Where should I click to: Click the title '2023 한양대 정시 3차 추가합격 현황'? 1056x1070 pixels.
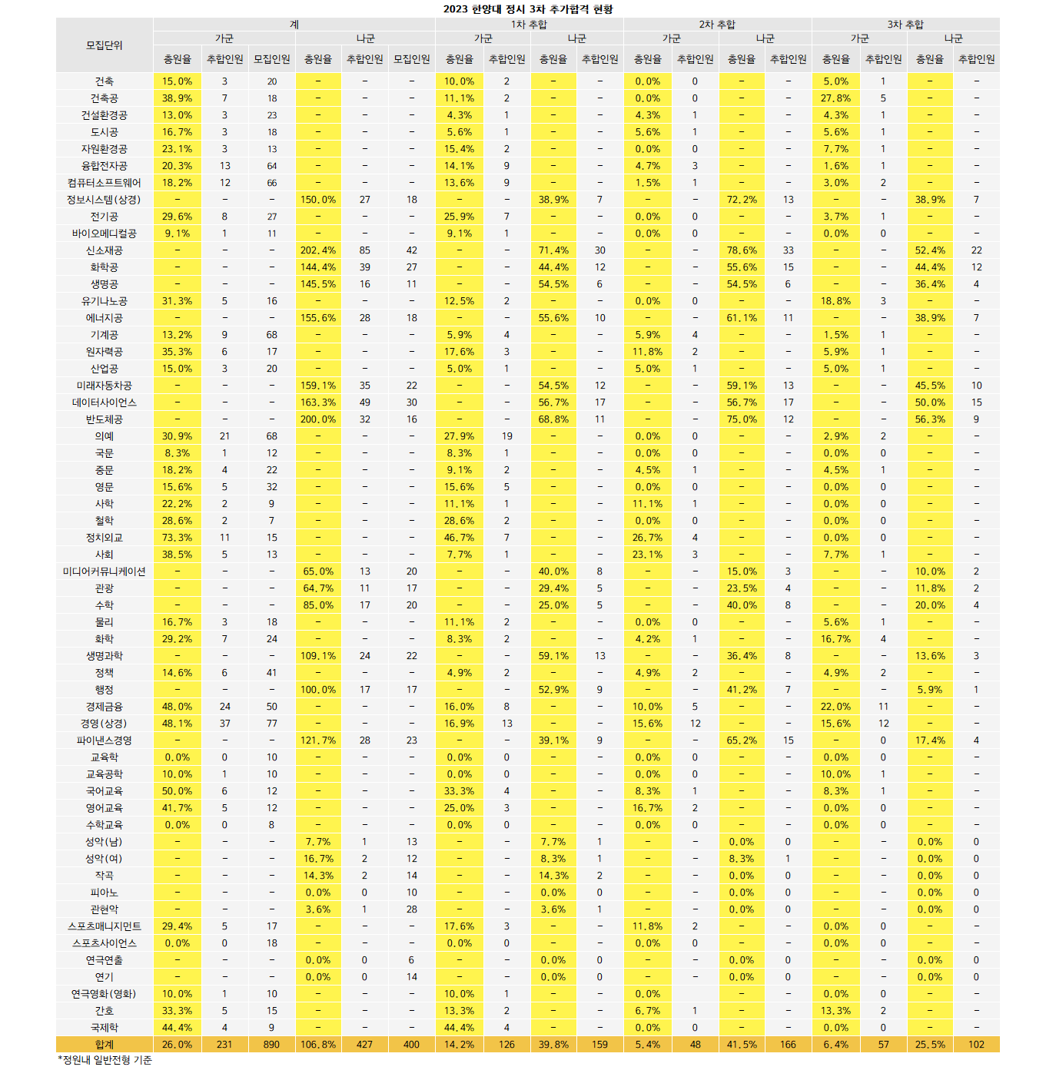[x=528, y=9]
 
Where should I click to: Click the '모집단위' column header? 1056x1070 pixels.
[x=104, y=45]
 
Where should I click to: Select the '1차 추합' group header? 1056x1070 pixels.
[x=529, y=25]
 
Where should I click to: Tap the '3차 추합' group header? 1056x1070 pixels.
[x=905, y=25]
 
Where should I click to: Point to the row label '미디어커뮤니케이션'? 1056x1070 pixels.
[x=104, y=571]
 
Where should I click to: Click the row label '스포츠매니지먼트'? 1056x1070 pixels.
[x=104, y=926]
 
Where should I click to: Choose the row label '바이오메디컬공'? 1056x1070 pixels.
[x=104, y=234]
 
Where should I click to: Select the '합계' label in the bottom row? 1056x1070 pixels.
[x=104, y=1045]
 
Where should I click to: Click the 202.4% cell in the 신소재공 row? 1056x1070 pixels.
[x=318, y=250]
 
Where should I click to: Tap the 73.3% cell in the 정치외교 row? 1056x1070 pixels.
[x=177, y=538]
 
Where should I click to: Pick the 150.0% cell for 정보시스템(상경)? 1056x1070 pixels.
[x=318, y=200]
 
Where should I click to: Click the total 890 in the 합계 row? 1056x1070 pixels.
[x=271, y=1045]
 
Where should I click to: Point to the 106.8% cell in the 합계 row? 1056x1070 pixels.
[x=318, y=1045]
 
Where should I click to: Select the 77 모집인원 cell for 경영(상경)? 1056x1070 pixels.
[x=271, y=724]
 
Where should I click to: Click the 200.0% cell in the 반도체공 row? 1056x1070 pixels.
[x=318, y=419]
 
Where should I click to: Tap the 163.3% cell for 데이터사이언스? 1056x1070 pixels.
[x=318, y=402]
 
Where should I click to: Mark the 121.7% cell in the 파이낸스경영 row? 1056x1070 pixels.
[x=318, y=740]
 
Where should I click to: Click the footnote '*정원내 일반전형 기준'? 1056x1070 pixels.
[x=105, y=1060]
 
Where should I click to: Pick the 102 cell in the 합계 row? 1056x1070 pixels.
[x=976, y=1045]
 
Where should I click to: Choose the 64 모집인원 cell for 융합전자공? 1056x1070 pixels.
[x=271, y=166]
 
